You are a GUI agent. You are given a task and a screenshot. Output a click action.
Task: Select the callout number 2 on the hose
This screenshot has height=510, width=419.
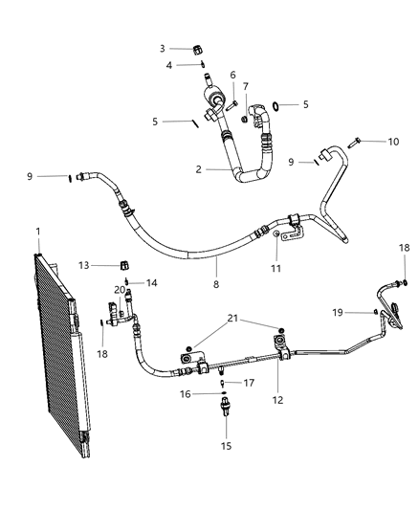click(198, 169)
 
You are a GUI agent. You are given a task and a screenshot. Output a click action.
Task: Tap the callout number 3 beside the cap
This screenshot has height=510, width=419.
click(163, 48)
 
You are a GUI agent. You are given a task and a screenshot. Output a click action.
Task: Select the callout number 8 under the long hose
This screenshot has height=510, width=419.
click(216, 284)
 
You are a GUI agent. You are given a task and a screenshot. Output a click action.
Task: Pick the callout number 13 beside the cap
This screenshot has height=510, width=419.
click(84, 265)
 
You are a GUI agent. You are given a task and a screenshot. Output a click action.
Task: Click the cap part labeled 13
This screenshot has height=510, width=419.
click(123, 264)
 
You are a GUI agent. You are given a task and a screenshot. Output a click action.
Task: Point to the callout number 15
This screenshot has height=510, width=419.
click(226, 446)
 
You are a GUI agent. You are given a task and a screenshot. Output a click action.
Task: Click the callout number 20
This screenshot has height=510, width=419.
click(121, 289)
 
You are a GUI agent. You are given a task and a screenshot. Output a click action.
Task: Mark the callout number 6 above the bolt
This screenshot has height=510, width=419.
click(232, 75)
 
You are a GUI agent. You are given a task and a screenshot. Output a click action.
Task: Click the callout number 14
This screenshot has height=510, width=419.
click(151, 282)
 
